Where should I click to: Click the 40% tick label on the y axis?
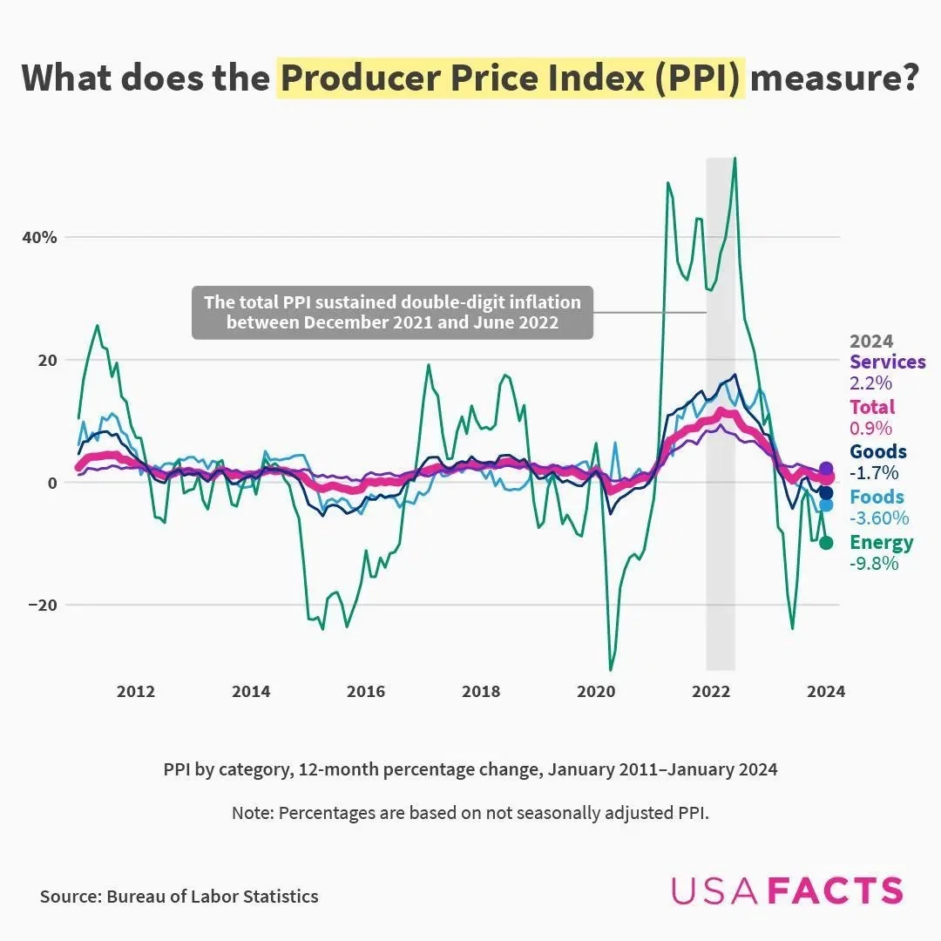tap(39, 237)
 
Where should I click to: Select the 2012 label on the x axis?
tap(136, 692)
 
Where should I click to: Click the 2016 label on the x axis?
tap(366, 692)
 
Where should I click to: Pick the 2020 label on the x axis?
tap(596, 692)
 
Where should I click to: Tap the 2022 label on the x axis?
tap(711, 692)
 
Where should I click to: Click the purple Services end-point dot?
tap(826, 469)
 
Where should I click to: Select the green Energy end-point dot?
tap(826, 543)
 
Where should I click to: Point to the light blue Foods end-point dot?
tap(826, 504)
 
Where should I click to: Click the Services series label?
tap(887, 362)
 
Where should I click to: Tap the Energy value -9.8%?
tap(874, 563)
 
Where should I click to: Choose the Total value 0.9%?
tap(870, 428)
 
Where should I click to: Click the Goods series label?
tap(877, 451)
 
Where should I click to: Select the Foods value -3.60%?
tap(879, 518)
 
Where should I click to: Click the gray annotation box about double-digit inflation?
tap(392, 312)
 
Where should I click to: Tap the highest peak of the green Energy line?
tap(735, 159)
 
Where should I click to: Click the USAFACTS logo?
tap(787, 890)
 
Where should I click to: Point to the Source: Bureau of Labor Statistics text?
tap(179, 896)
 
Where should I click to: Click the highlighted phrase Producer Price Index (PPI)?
tap(511, 78)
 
